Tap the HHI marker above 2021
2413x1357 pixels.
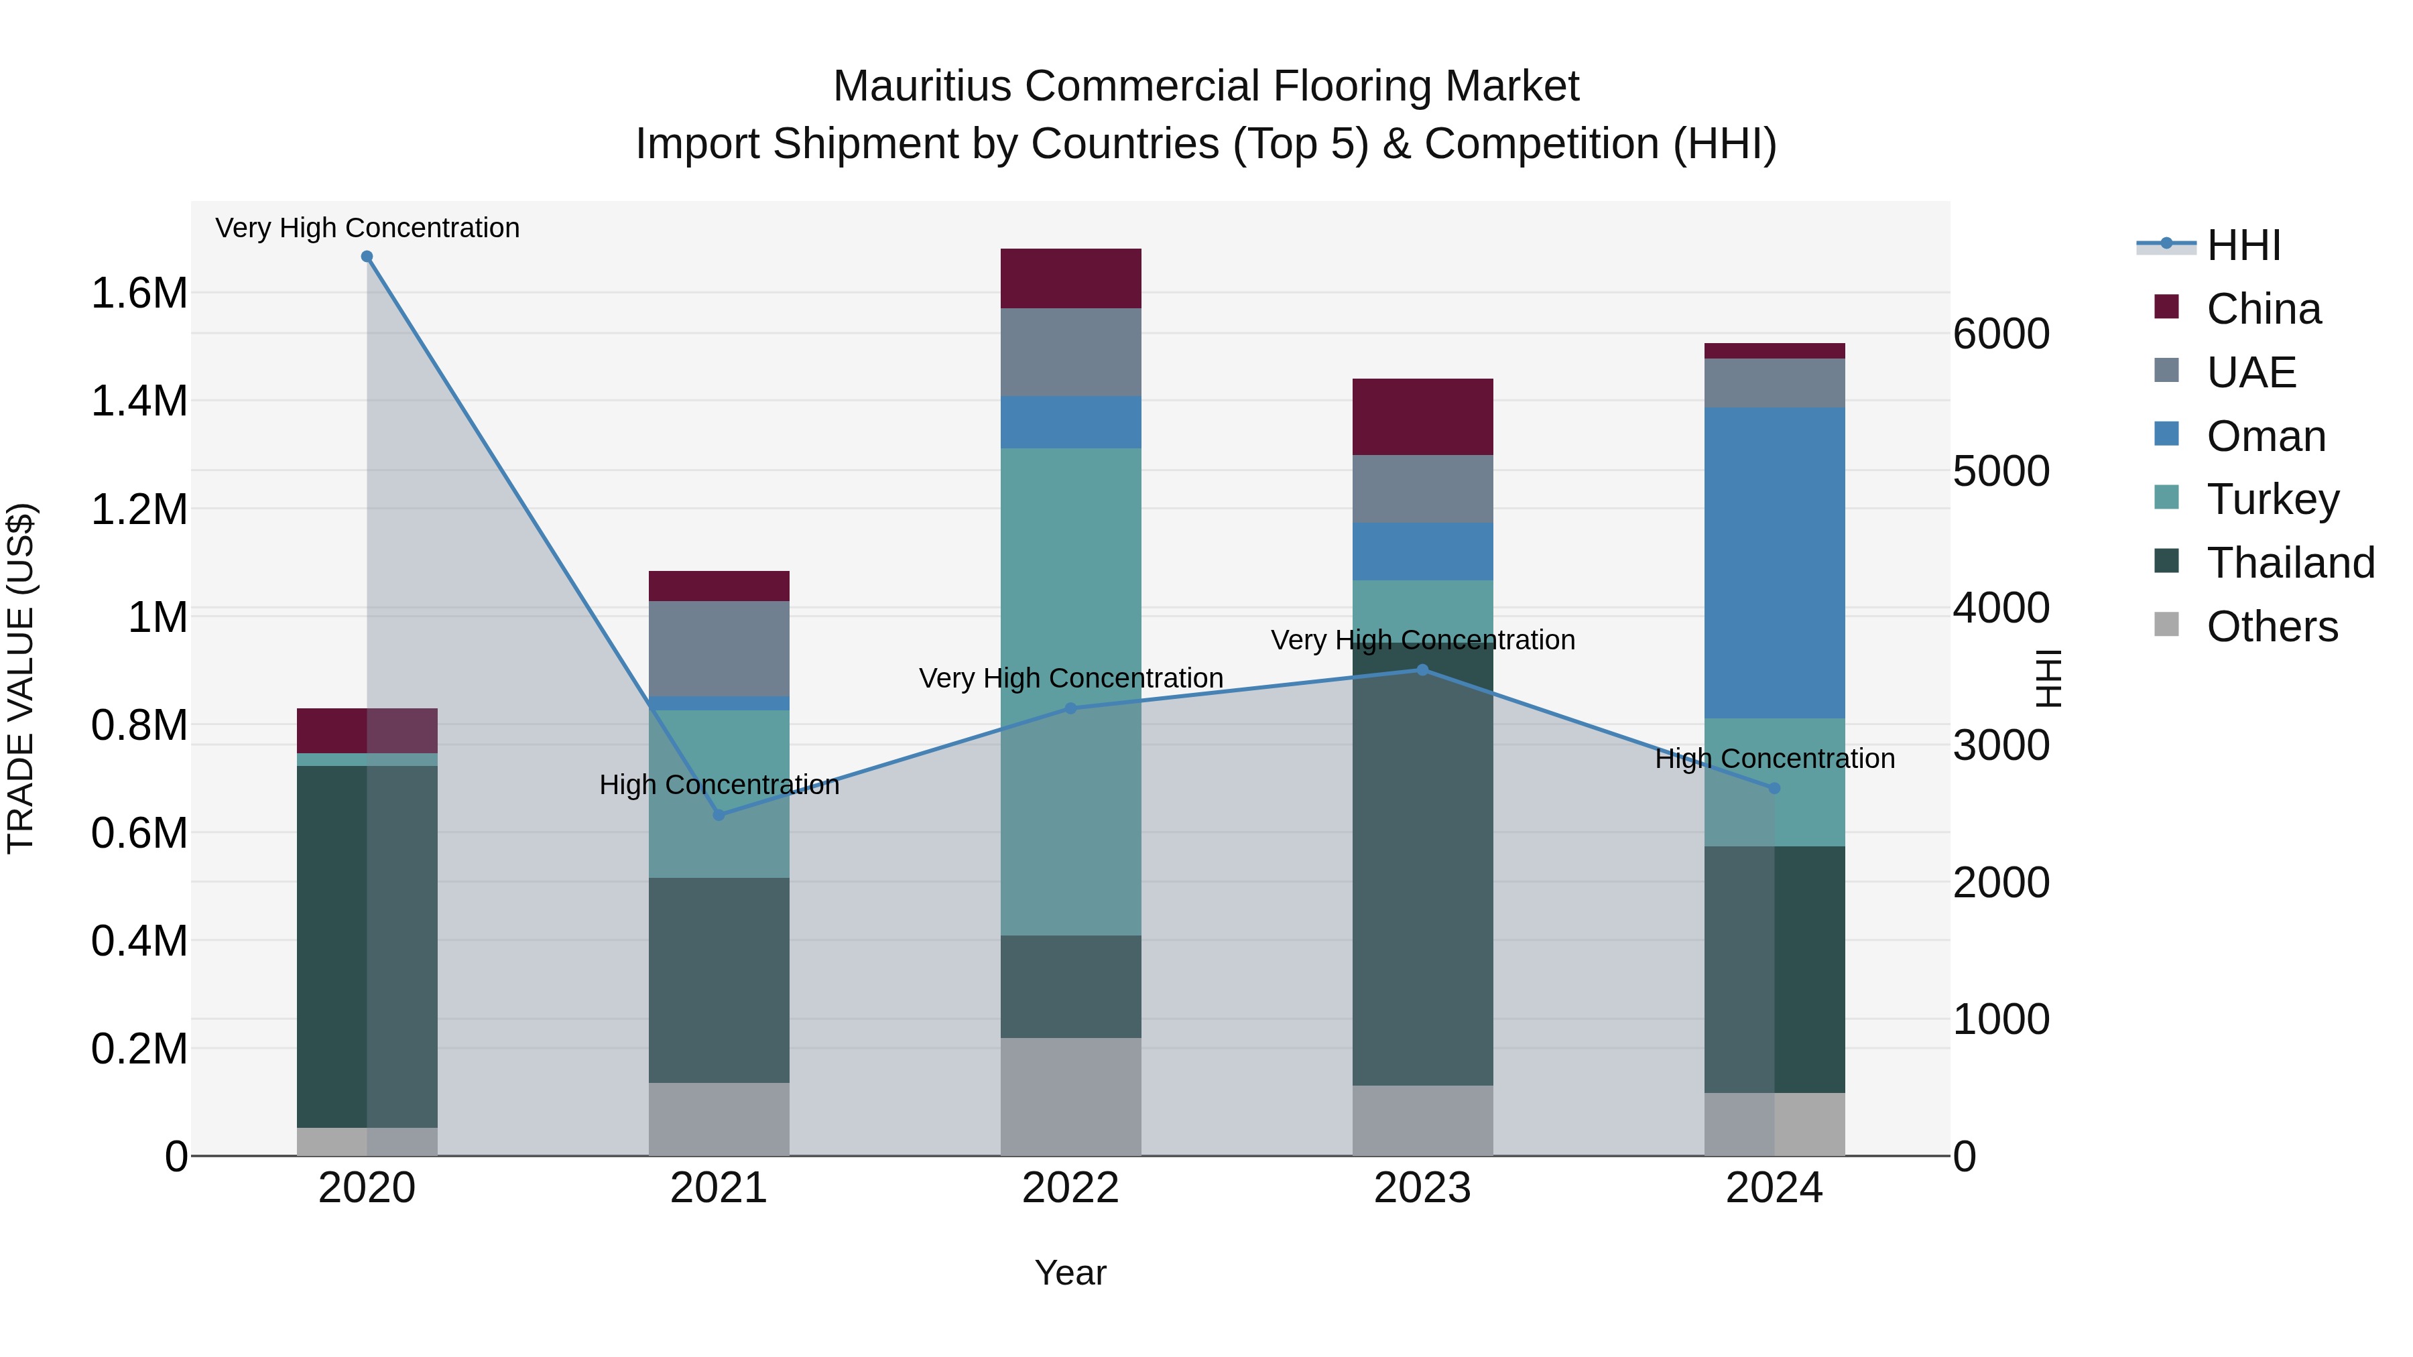click(719, 815)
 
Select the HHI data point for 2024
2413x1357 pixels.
click(1774, 789)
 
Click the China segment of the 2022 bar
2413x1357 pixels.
click(1070, 278)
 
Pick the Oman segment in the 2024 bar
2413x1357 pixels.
click(1774, 562)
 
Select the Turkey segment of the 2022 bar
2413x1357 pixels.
click(1070, 691)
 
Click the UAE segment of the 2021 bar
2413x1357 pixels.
click(719, 648)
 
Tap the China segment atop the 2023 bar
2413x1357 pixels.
click(1422, 417)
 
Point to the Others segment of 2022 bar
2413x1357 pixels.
click(1070, 1096)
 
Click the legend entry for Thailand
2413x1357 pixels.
click(2290, 563)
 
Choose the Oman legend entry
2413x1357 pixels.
click(2265, 436)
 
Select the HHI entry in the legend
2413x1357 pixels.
click(2243, 245)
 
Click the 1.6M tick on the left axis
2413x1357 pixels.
click(139, 293)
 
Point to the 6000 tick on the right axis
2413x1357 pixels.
click(2001, 334)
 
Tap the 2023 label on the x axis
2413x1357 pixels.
click(1422, 1187)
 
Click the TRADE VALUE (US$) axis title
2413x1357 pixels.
click(21, 678)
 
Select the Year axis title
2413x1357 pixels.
click(1070, 1273)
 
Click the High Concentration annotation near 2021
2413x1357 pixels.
click(719, 785)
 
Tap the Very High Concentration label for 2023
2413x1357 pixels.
click(1422, 640)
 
